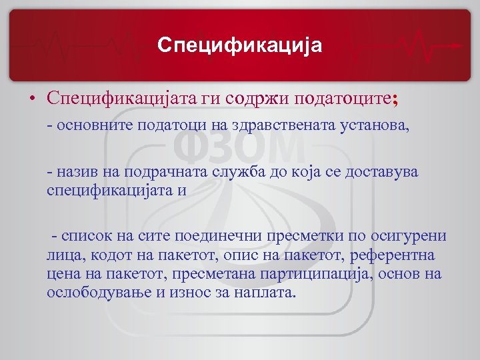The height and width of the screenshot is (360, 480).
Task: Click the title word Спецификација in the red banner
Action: (240, 45)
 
